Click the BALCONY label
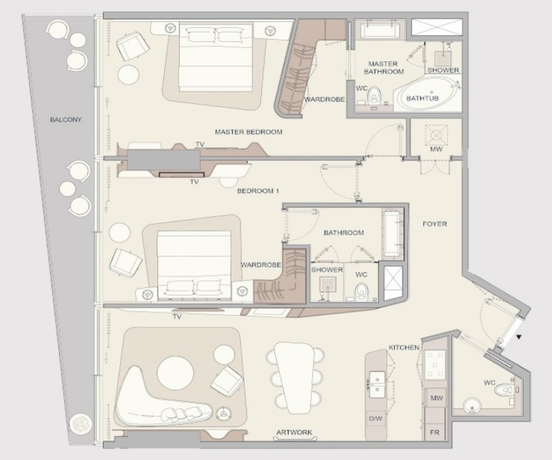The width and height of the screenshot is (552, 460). click(x=66, y=120)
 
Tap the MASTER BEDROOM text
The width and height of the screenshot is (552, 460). click(x=249, y=132)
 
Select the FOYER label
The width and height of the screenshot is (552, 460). click(x=435, y=224)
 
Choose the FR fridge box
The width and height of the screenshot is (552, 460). click(x=435, y=432)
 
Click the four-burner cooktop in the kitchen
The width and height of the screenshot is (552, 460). click(x=435, y=365)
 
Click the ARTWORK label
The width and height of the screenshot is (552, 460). click(x=294, y=432)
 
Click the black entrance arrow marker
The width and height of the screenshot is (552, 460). click(x=519, y=337)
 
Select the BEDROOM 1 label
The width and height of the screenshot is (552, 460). click(x=258, y=191)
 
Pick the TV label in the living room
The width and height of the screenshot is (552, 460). click(x=177, y=317)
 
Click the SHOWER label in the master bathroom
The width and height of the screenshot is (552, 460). click(x=443, y=70)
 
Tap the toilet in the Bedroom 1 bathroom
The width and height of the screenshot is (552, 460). click(x=361, y=292)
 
